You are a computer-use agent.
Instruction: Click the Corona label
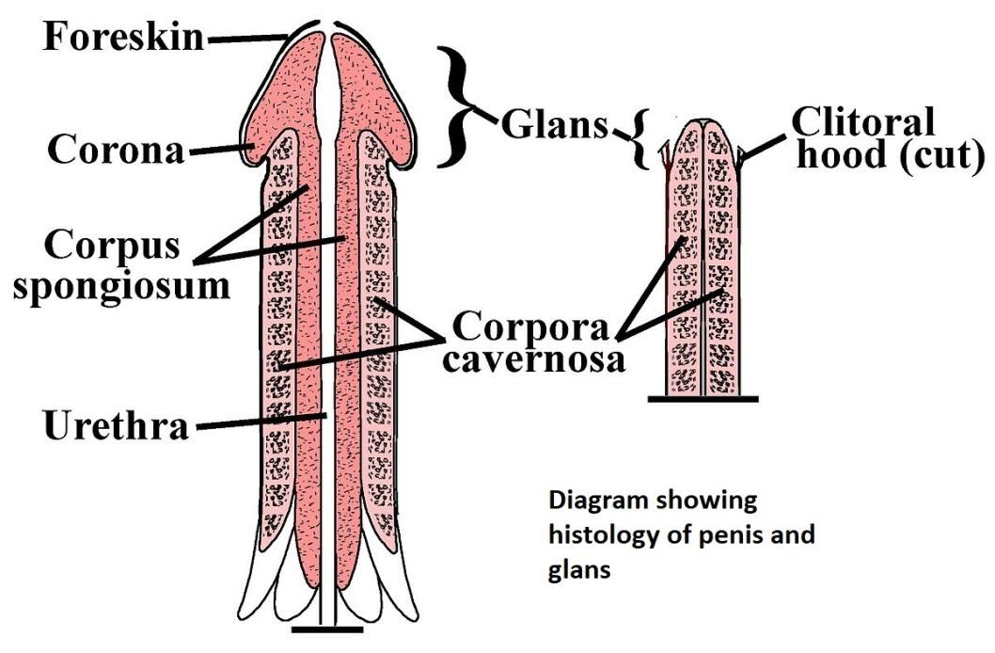point(116,151)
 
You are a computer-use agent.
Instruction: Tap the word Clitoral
point(863,121)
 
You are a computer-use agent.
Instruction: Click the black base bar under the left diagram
point(327,627)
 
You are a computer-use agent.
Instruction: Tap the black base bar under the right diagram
point(703,398)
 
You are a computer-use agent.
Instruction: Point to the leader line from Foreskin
point(248,39)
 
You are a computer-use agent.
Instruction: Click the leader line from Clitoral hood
point(768,146)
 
